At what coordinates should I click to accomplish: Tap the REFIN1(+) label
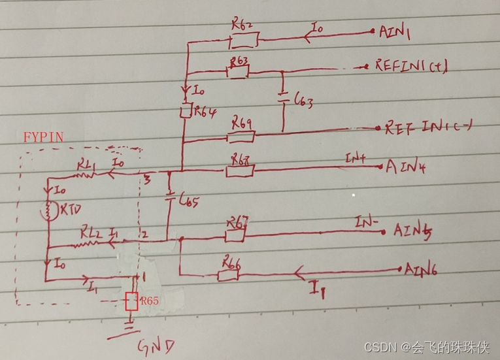tap(410, 66)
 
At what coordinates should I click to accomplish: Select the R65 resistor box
tap(131, 301)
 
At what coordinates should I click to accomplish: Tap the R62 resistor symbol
tap(243, 41)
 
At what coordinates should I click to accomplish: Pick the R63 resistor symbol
tap(237, 71)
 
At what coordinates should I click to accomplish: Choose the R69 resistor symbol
tap(240, 137)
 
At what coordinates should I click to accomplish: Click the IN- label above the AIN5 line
tap(366, 224)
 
